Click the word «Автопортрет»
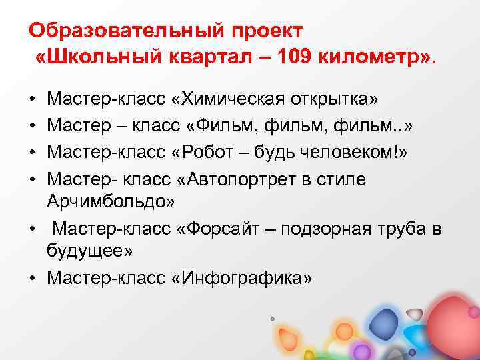coord(251,179)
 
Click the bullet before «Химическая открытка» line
coord(33,100)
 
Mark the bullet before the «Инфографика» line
coord(33,277)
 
